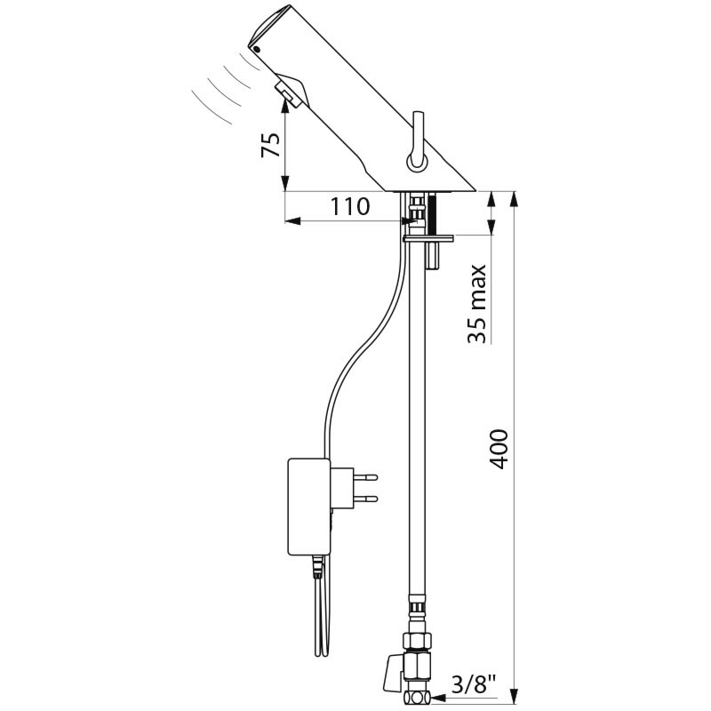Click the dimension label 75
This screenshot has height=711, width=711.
(x=271, y=145)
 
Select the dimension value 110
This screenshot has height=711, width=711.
(x=349, y=207)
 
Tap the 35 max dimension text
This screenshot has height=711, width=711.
(x=477, y=303)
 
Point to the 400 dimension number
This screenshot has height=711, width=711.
(x=499, y=449)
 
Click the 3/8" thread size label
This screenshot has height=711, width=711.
(x=474, y=684)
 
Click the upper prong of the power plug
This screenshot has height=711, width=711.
(x=366, y=477)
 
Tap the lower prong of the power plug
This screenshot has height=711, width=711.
(x=366, y=499)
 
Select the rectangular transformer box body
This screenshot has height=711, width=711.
(x=309, y=507)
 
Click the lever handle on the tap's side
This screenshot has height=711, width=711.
(x=418, y=141)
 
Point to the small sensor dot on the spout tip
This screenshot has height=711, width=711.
(x=258, y=50)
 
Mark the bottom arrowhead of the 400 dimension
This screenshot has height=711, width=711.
(x=514, y=696)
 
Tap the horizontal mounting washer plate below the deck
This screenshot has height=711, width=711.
(x=428, y=238)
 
